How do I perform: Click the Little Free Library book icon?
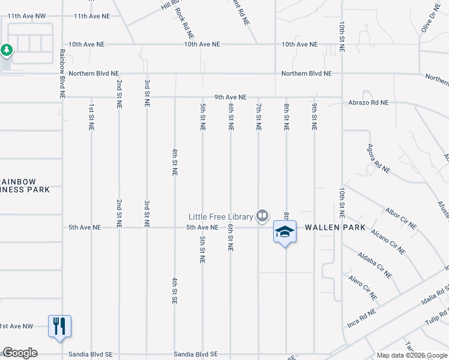(262, 215)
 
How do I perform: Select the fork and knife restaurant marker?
(59, 326)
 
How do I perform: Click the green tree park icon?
(7, 50)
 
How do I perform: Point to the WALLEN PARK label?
(331, 228)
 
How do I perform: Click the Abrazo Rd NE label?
(368, 103)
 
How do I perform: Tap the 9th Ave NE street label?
(231, 97)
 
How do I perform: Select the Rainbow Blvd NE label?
(62, 73)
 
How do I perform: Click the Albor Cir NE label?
(401, 219)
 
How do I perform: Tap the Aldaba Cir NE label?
(375, 265)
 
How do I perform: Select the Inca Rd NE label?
(363, 320)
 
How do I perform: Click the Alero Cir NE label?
(363, 287)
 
